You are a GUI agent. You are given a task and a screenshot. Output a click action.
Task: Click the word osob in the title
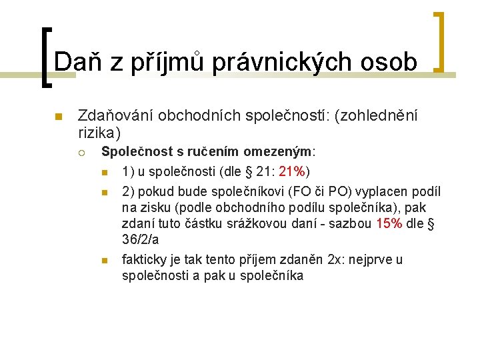(x=390, y=61)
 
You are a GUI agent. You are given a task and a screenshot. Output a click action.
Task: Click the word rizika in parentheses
(x=97, y=132)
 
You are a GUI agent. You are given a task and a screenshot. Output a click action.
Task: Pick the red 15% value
(x=389, y=223)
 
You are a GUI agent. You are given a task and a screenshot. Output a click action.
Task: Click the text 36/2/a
(x=141, y=239)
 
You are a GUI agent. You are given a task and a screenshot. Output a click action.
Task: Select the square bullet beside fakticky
(x=104, y=260)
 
